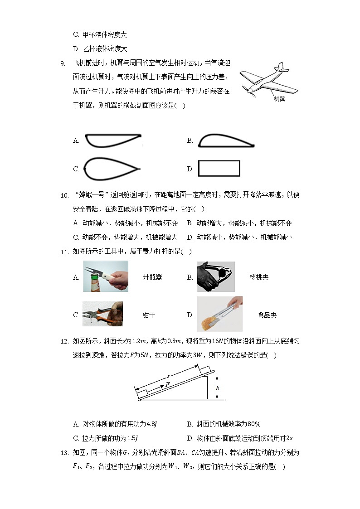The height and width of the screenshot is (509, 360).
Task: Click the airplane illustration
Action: [x=268, y=80]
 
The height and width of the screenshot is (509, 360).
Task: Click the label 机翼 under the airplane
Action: [x=279, y=98]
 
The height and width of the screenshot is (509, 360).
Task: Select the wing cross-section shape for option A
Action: [x=113, y=141]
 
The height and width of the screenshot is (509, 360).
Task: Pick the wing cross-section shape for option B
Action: [x=226, y=141]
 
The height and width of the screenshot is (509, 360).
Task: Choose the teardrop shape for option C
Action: [x=113, y=169]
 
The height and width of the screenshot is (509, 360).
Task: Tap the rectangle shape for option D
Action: [x=219, y=169]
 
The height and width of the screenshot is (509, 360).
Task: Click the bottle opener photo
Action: [x=105, y=276]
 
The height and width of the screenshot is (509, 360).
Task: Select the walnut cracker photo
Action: [x=216, y=276]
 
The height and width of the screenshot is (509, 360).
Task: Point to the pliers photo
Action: [x=102, y=314]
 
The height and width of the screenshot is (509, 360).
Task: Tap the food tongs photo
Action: [x=220, y=314]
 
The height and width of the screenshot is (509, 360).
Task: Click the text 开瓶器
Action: [x=152, y=277]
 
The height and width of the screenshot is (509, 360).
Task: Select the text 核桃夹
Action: [x=259, y=277]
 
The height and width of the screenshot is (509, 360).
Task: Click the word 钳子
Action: [x=149, y=315]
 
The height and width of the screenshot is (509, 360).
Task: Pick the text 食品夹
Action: [x=267, y=315]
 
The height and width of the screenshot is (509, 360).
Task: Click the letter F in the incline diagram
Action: [x=168, y=384]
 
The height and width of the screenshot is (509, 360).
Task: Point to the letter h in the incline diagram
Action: [x=217, y=388]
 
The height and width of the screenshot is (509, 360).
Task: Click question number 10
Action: [x=64, y=195]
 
